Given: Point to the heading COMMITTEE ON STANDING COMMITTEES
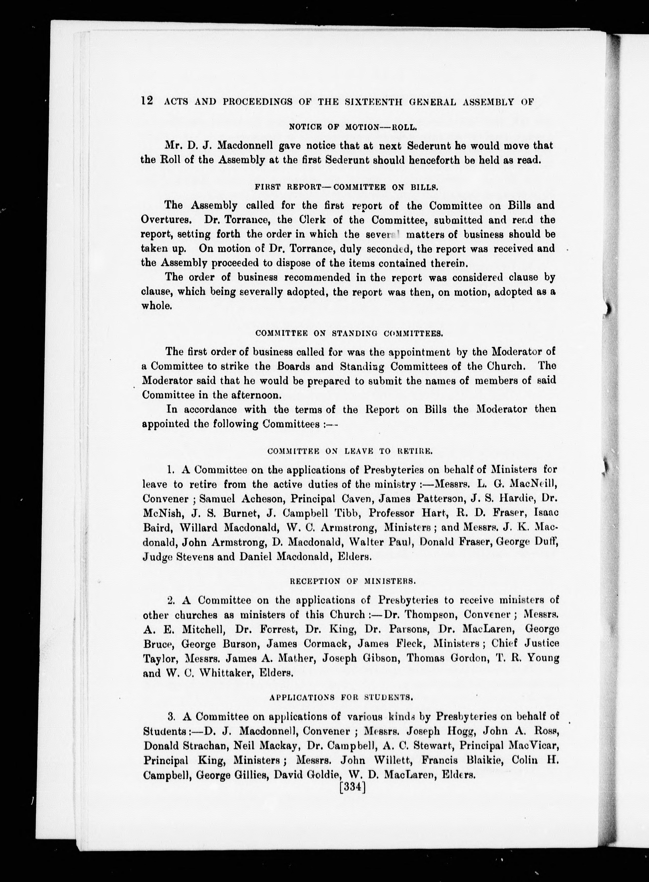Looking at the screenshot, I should pos(349,334).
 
